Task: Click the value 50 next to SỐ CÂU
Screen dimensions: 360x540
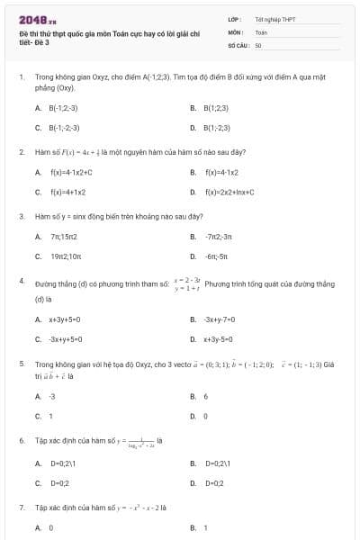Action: [x=258, y=44]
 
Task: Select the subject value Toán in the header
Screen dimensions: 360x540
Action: [x=261, y=31]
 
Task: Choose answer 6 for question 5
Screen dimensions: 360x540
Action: [x=206, y=395]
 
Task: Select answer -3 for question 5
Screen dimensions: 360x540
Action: [x=52, y=395]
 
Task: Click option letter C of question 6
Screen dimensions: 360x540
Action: [x=38, y=483]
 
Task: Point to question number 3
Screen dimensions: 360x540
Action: [x=21, y=216]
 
